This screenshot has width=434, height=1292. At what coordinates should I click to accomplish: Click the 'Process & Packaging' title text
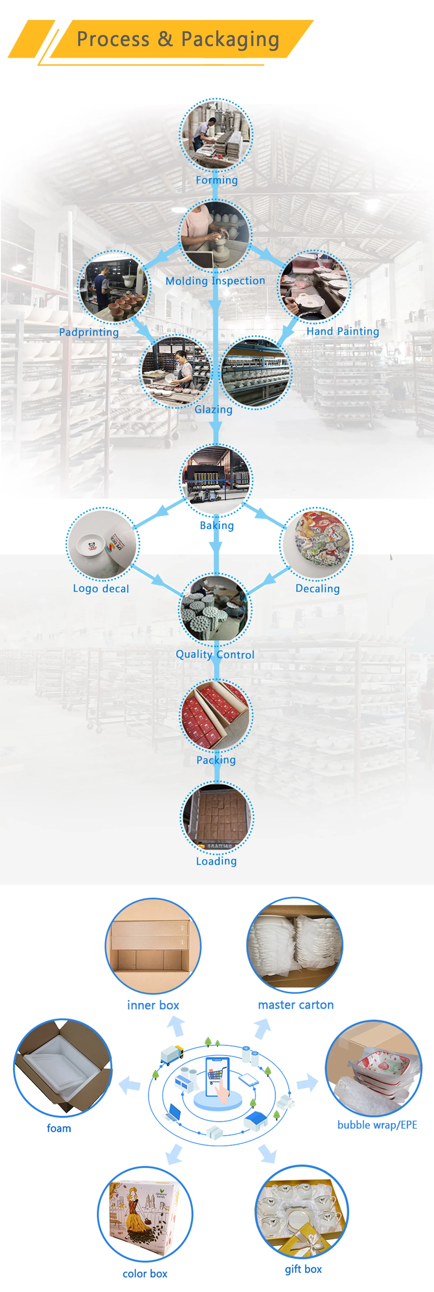pos(178,39)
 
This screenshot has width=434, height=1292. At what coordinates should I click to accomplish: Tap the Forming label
pos(216,180)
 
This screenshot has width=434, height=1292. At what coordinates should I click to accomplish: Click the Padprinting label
pos(89,332)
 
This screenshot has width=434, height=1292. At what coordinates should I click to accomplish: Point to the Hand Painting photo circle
pos(314,286)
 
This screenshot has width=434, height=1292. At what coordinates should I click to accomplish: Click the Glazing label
pos(214,409)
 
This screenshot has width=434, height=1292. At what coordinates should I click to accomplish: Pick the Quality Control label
pos(215,655)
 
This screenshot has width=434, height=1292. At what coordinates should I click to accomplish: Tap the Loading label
pos(216,861)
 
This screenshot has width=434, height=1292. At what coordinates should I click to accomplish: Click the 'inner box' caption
pos(153,1005)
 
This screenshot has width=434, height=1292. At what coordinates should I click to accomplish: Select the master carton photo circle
pos(295,945)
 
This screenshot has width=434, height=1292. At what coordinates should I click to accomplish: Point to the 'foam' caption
pos(59,1128)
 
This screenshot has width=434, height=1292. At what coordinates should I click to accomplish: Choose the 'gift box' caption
pos(303,1269)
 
